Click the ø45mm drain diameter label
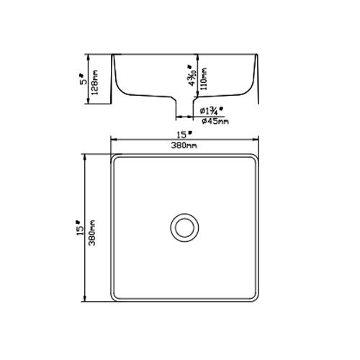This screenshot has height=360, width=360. (x=215, y=121)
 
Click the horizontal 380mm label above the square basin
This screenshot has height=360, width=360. (x=184, y=146)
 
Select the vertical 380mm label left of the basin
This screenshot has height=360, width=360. (x=92, y=231)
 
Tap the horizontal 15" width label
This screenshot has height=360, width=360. (x=184, y=135)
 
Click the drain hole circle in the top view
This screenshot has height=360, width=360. (x=184, y=225)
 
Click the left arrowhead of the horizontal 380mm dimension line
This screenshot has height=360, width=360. (x=112, y=140)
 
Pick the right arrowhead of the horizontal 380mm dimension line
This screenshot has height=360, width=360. (x=256, y=140)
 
